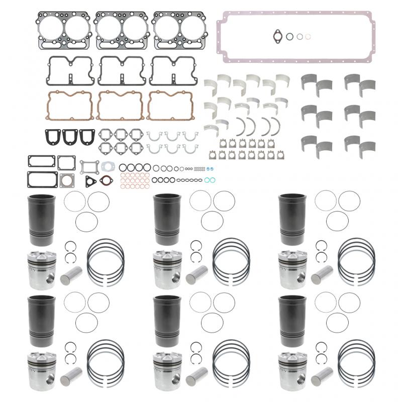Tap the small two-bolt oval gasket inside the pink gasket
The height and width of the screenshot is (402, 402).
(276, 36)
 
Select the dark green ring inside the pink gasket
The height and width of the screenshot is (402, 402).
(290, 36)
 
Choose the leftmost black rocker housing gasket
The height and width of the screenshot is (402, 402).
(70, 70)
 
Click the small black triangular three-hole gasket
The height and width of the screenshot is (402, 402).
(91, 180)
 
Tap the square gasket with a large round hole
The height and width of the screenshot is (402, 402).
(66, 180)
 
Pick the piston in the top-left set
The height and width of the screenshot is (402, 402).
(41, 269)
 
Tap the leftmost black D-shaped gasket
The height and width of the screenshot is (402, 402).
(52, 137)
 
